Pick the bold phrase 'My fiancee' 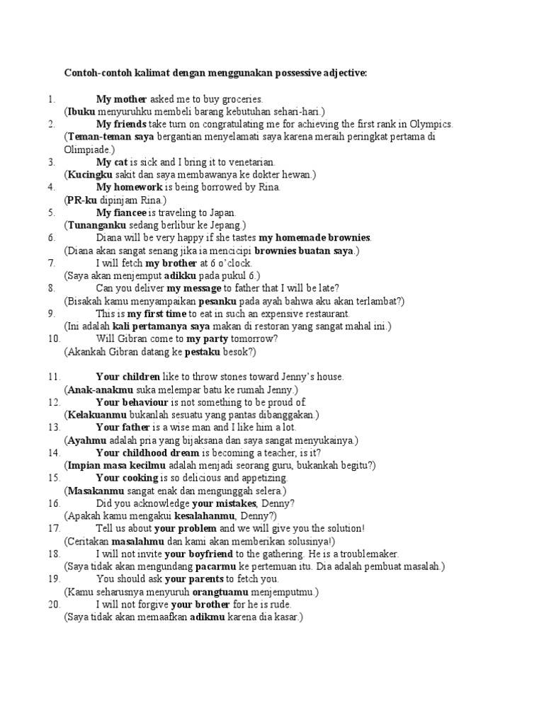[x=120, y=213]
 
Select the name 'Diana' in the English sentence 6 [x=110, y=238]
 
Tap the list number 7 [x=52, y=263]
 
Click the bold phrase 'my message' [x=193, y=289]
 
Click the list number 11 [x=54, y=377]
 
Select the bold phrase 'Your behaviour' [x=128, y=402]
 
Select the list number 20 [x=54, y=605]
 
